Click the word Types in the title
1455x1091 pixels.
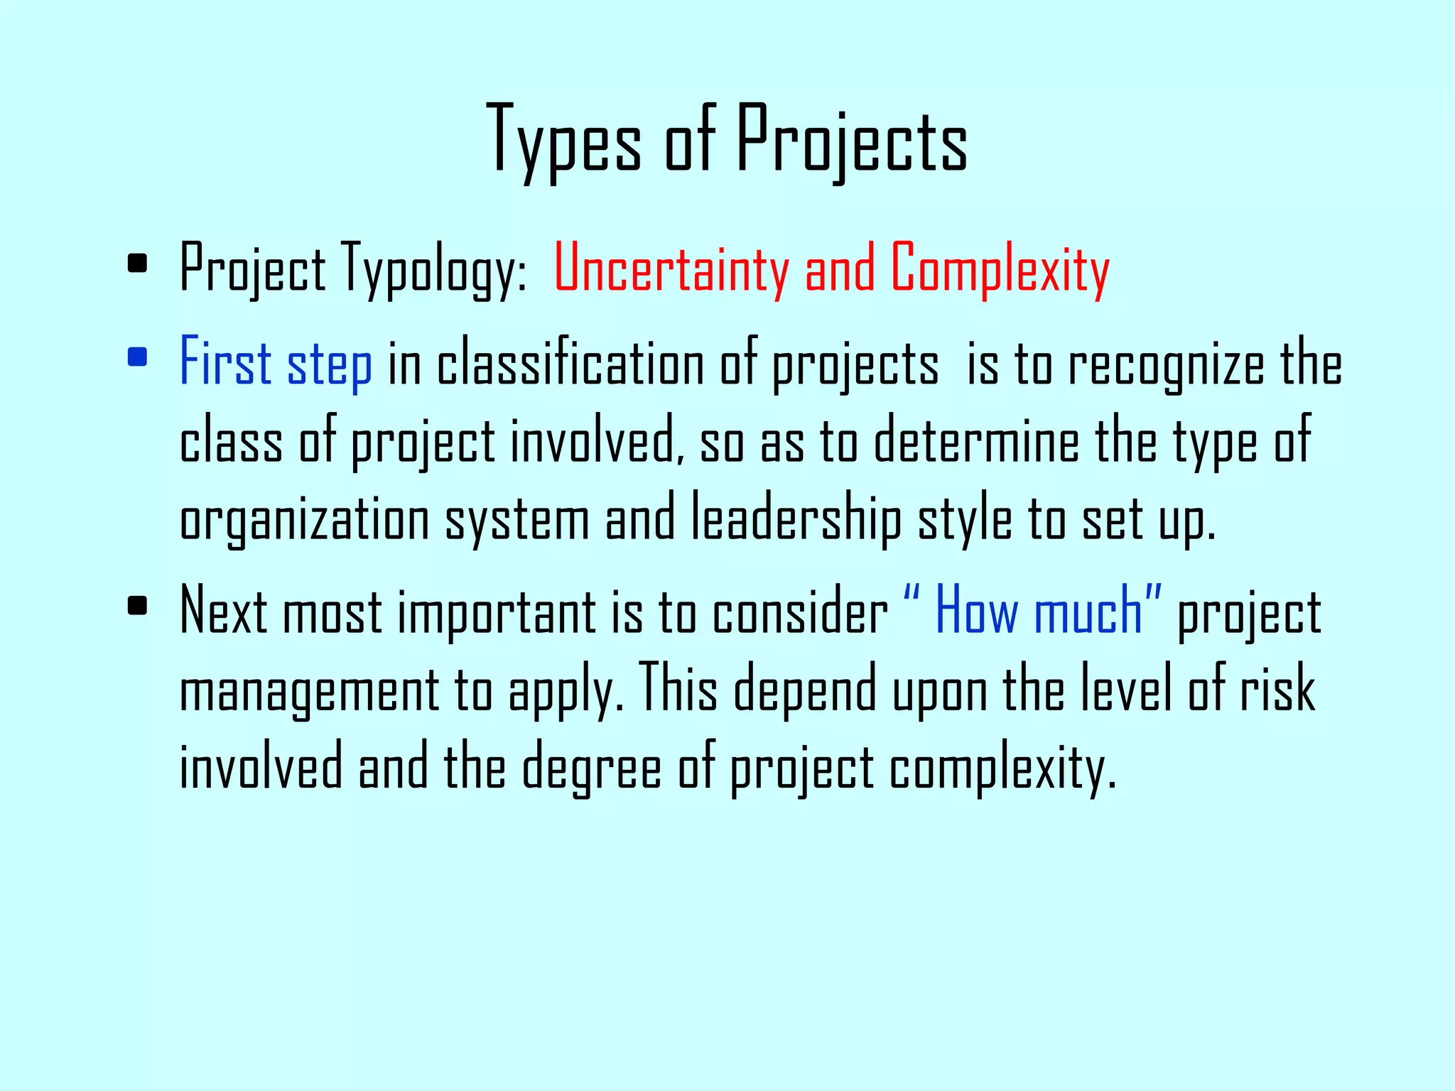564,139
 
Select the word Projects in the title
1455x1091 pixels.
851,139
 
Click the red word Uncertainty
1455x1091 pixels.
671,268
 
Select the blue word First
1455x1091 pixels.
225,362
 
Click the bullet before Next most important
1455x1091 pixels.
137,605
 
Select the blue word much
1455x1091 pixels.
1088,612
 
